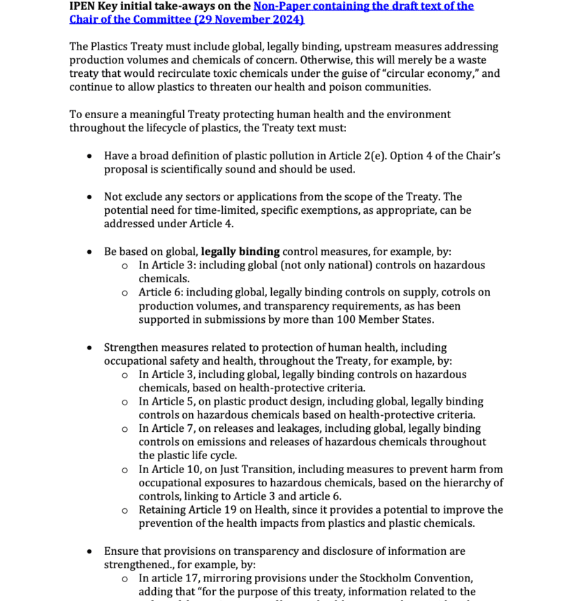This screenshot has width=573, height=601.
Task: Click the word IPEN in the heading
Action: click(x=83, y=6)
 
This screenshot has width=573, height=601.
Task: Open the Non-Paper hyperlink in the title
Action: click(x=363, y=6)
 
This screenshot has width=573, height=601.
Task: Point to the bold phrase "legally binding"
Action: click(x=240, y=252)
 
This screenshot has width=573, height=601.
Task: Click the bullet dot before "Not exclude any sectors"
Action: click(x=89, y=197)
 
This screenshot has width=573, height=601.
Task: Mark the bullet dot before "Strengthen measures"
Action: click(x=89, y=347)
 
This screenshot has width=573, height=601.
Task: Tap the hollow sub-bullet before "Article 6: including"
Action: click(x=124, y=292)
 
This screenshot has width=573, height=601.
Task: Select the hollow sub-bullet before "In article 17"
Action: click(x=124, y=578)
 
